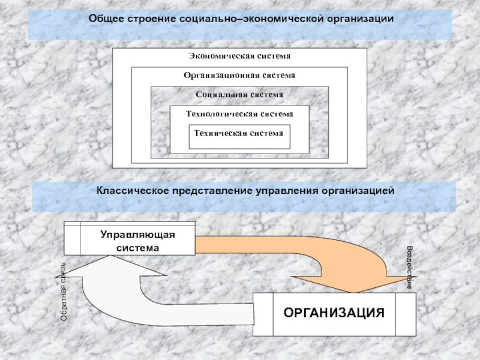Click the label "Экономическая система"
tap(239, 56)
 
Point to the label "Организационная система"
tap(239, 76)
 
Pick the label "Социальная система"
tap(239, 95)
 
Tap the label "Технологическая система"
tap(239, 114)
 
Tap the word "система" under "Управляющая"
tap(137, 247)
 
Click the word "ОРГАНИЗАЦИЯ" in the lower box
tap(334, 313)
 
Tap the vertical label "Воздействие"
tap(409, 268)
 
